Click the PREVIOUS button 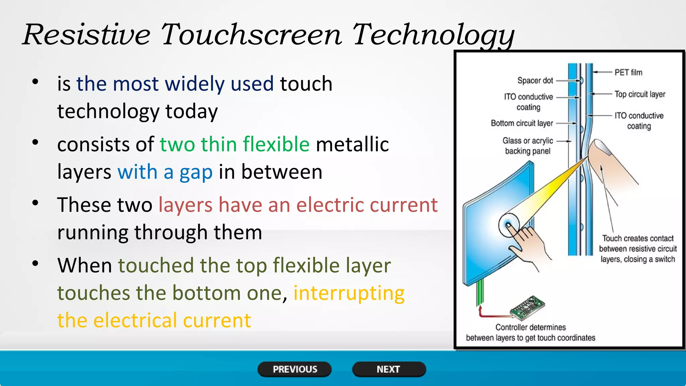coord(294,369)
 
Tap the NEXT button coord(389,369)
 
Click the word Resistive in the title coord(86,35)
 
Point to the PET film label coord(628,72)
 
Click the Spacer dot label coord(535,80)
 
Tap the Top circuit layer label coord(639,94)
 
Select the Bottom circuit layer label coord(522,123)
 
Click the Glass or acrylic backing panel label coord(528,146)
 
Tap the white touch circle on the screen coord(508,225)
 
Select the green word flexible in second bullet coord(276,144)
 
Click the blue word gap coord(196,172)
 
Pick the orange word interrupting coord(349,293)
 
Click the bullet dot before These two coord(35,203)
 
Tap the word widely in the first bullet coord(195,83)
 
